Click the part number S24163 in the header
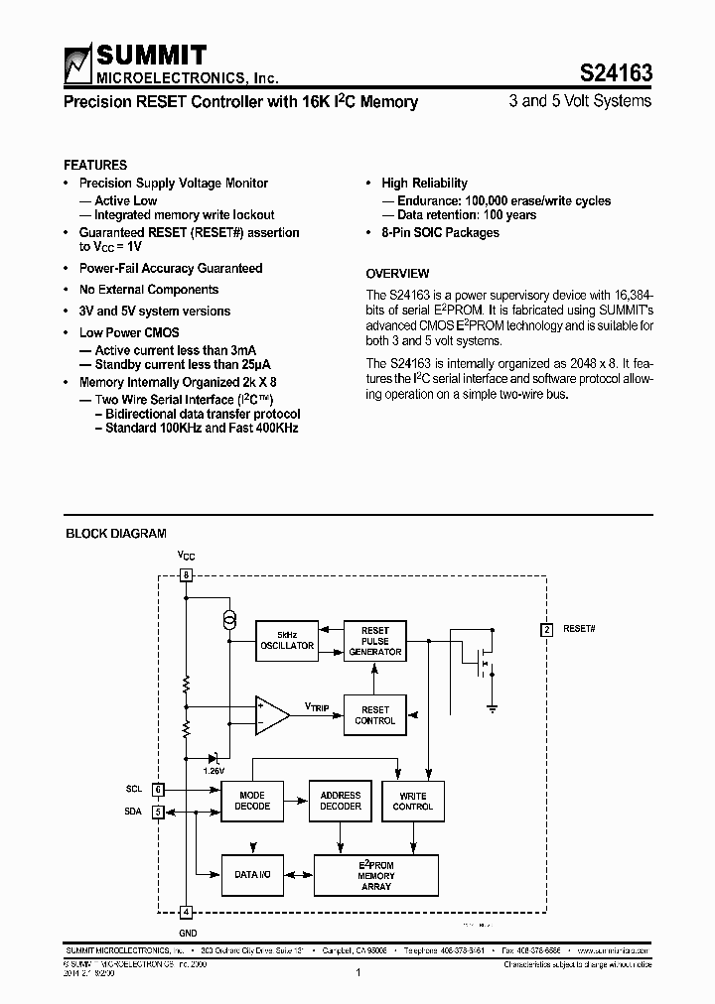(x=615, y=71)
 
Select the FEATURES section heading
(x=95, y=165)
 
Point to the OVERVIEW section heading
(x=397, y=273)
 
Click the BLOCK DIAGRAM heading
(x=115, y=534)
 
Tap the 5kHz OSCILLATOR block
(x=286, y=640)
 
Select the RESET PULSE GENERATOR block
(x=375, y=641)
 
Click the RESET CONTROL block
(x=375, y=715)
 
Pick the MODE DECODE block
(x=251, y=801)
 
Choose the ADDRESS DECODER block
(x=341, y=801)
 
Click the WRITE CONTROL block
(x=413, y=801)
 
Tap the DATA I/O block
(x=252, y=874)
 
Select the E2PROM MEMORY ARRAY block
(x=376, y=875)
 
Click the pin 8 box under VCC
(x=186, y=575)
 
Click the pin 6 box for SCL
(x=158, y=790)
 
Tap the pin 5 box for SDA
(x=158, y=812)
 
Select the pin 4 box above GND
(x=186, y=911)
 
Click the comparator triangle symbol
(x=270, y=714)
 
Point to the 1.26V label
(x=214, y=770)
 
